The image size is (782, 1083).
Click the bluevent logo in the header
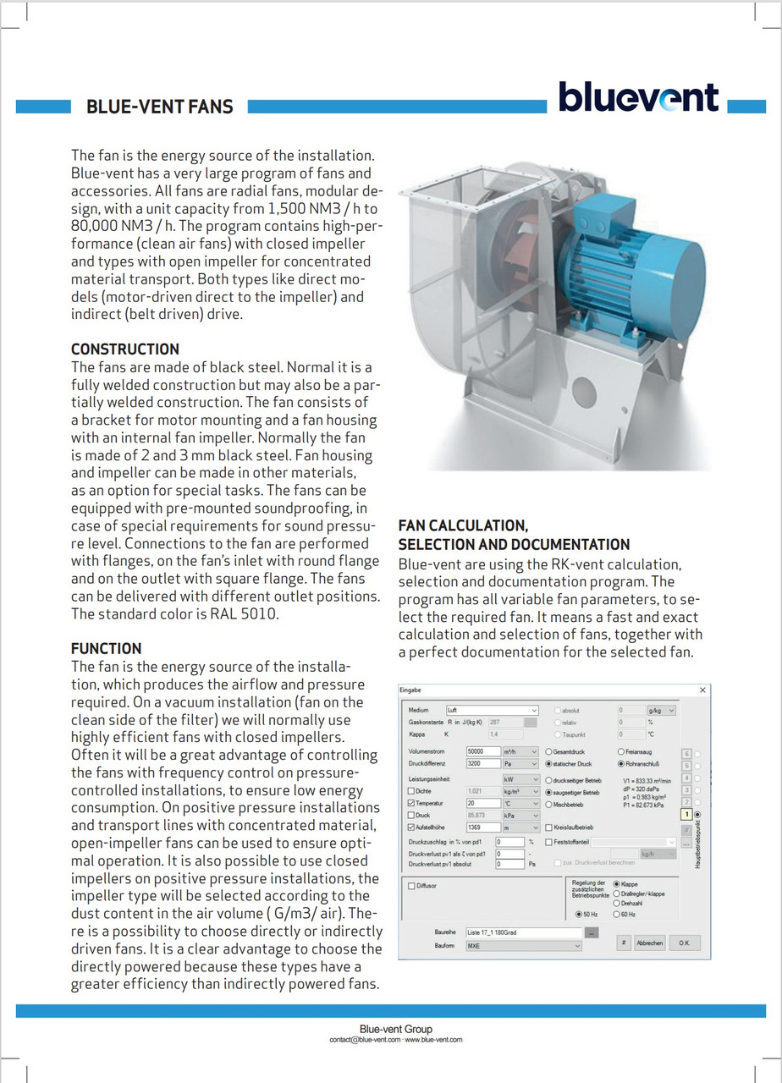click(x=637, y=97)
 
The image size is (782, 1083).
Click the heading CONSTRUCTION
click(x=125, y=349)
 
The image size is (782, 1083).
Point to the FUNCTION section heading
click(x=106, y=648)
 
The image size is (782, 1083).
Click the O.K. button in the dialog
click(x=682, y=943)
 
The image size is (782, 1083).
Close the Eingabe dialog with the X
click(x=702, y=690)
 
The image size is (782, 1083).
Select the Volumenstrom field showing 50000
click(x=482, y=750)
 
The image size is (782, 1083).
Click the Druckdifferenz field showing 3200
click(x=482, y=763)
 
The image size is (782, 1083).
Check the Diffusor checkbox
click(x=412, y=886)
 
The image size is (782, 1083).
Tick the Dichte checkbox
click(x=412, y=791)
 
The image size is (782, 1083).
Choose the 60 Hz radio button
click(x=617, y=915)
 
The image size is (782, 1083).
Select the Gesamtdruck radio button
click(x=550, y=751)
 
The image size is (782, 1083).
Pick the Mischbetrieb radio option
click(x=550, y=805)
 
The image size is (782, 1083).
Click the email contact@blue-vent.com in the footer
click(x=365, y=1039)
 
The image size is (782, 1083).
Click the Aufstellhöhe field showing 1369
click(x=482, y=827)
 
